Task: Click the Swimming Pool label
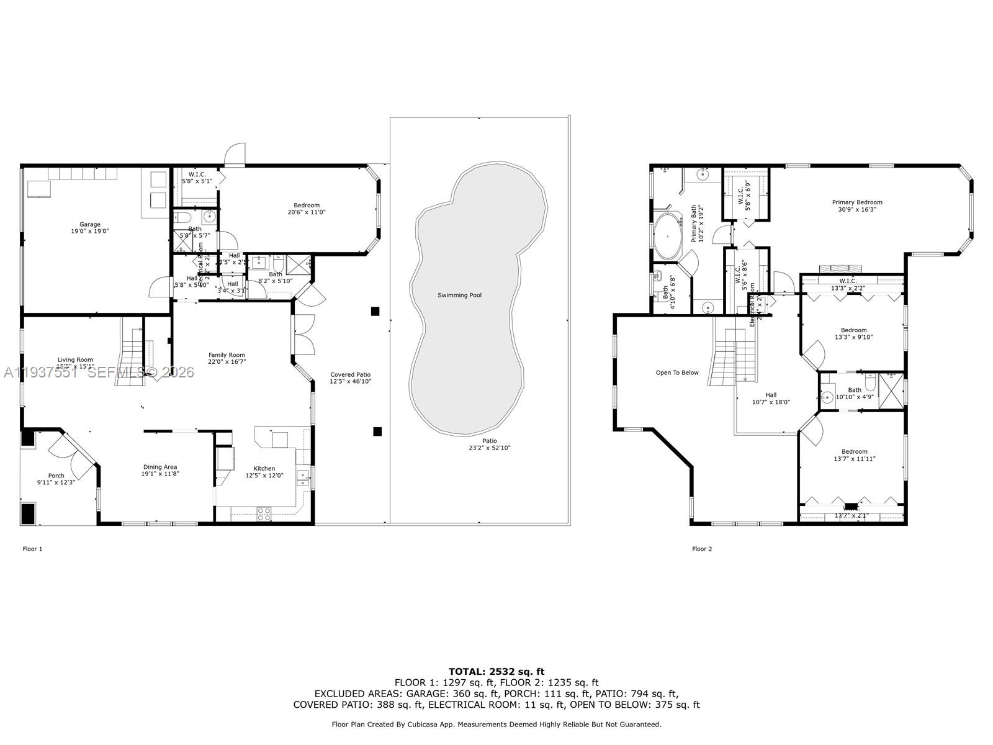tap(459, 296)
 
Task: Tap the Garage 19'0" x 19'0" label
tap(89, 228)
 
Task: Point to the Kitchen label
tap(264, 469)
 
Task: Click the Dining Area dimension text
tap(160, 474)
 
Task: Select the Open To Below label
tap(677, 373)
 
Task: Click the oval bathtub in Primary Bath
tap(667, 237)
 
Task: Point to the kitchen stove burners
tap(264, 513)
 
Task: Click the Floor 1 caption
tap(33, 549)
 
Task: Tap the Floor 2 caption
tap(702, 549)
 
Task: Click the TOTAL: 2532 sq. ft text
tap(496, 671)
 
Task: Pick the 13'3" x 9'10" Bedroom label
tap(853, 334)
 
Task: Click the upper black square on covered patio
tap(375, 311)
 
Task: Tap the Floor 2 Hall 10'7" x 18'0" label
tap(771, 399)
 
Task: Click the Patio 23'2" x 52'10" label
tap(490, 445)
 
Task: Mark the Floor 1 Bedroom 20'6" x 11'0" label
tap(307, 209)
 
